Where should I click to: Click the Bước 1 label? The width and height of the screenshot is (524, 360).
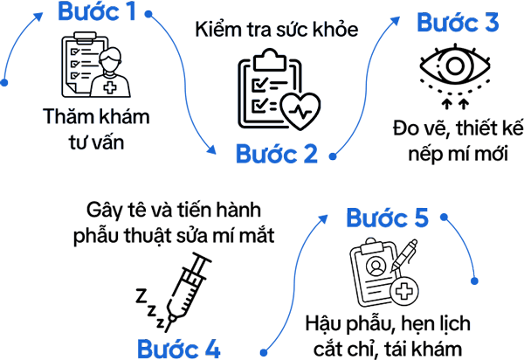pyautogui.click(x=97, y=12)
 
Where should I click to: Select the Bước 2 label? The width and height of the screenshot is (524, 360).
pyautogui.click(x=276, y=154)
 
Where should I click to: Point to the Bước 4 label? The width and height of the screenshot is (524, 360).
pyautogui.click(x=178, y=349)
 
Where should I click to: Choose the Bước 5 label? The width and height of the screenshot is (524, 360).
pyautogui.click(x=388, y=218)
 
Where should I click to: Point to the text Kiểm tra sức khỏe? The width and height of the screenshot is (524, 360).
pyautogui.click(x=277, y=28)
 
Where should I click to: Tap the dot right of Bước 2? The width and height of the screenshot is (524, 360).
pyautogui.click(x=333, y=157)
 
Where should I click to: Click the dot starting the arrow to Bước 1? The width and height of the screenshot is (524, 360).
pyautogui.click(x=4, y=84)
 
